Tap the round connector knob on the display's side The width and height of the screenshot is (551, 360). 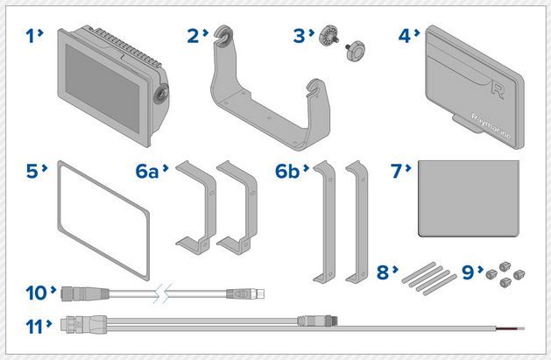pos(163,95)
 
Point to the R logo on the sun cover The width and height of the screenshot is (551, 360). pos(498,88)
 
